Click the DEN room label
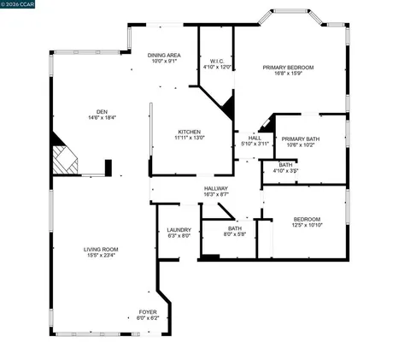point(102,111)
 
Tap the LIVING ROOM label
point(100,249)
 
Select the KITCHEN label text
point(190,132)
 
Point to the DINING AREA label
point(164,55)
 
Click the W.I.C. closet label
point(217,61)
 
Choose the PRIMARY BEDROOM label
point(289,68)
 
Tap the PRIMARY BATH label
point(300,139)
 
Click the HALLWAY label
point(216,188)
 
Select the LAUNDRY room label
point(179,229)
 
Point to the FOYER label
point(149,312)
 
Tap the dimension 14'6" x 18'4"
point(102,117)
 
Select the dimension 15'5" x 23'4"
point(100,255)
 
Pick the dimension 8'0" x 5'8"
point(235,234)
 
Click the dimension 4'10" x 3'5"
point(285,171)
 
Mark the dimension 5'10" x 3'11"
point(255,144)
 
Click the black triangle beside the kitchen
point(226,109)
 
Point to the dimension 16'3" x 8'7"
point(216,194)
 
